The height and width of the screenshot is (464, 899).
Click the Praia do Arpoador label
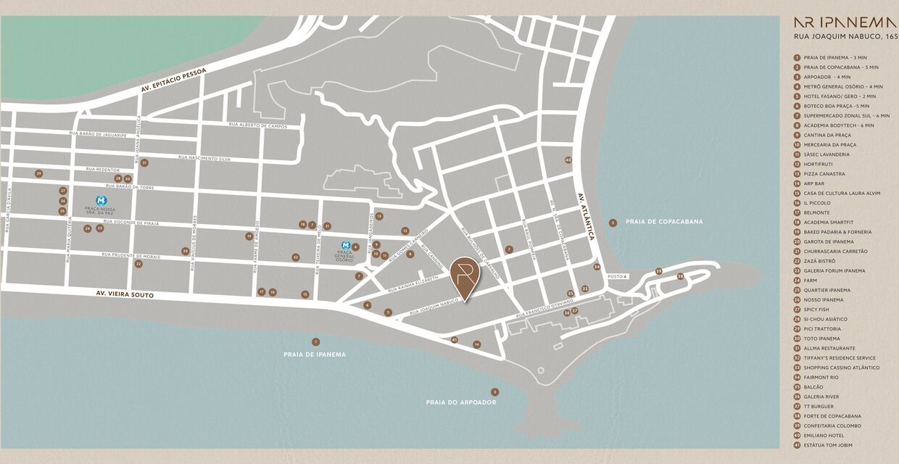point(460,402)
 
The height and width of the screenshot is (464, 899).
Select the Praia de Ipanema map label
point(315,355)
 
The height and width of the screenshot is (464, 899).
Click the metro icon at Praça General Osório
point(346,246)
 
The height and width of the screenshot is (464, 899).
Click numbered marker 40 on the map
point(568,160)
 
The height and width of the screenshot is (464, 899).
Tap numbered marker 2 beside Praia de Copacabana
point(613,223)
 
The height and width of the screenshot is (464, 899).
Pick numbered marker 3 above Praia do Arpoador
point(494,391)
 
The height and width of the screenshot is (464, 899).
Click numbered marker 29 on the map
point(39,173)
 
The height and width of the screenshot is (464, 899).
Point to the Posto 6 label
point(617,276)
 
